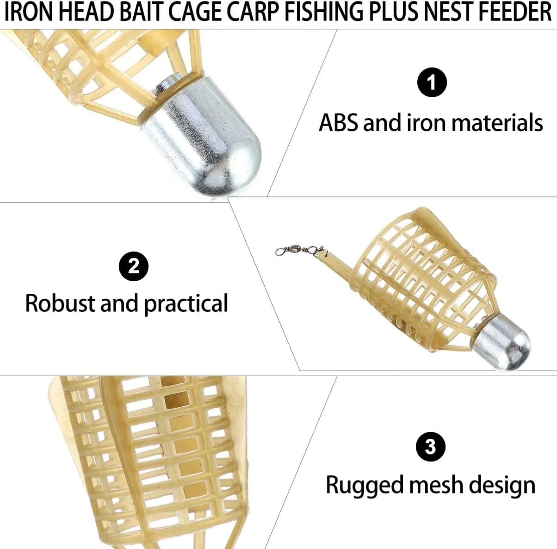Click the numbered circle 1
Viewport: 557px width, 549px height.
(432, 82)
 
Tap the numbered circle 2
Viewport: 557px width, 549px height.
(133, 266)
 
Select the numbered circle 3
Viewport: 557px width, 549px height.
(430, 447)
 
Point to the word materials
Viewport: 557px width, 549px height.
(497, 123)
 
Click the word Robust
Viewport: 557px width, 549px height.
(60, 303)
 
